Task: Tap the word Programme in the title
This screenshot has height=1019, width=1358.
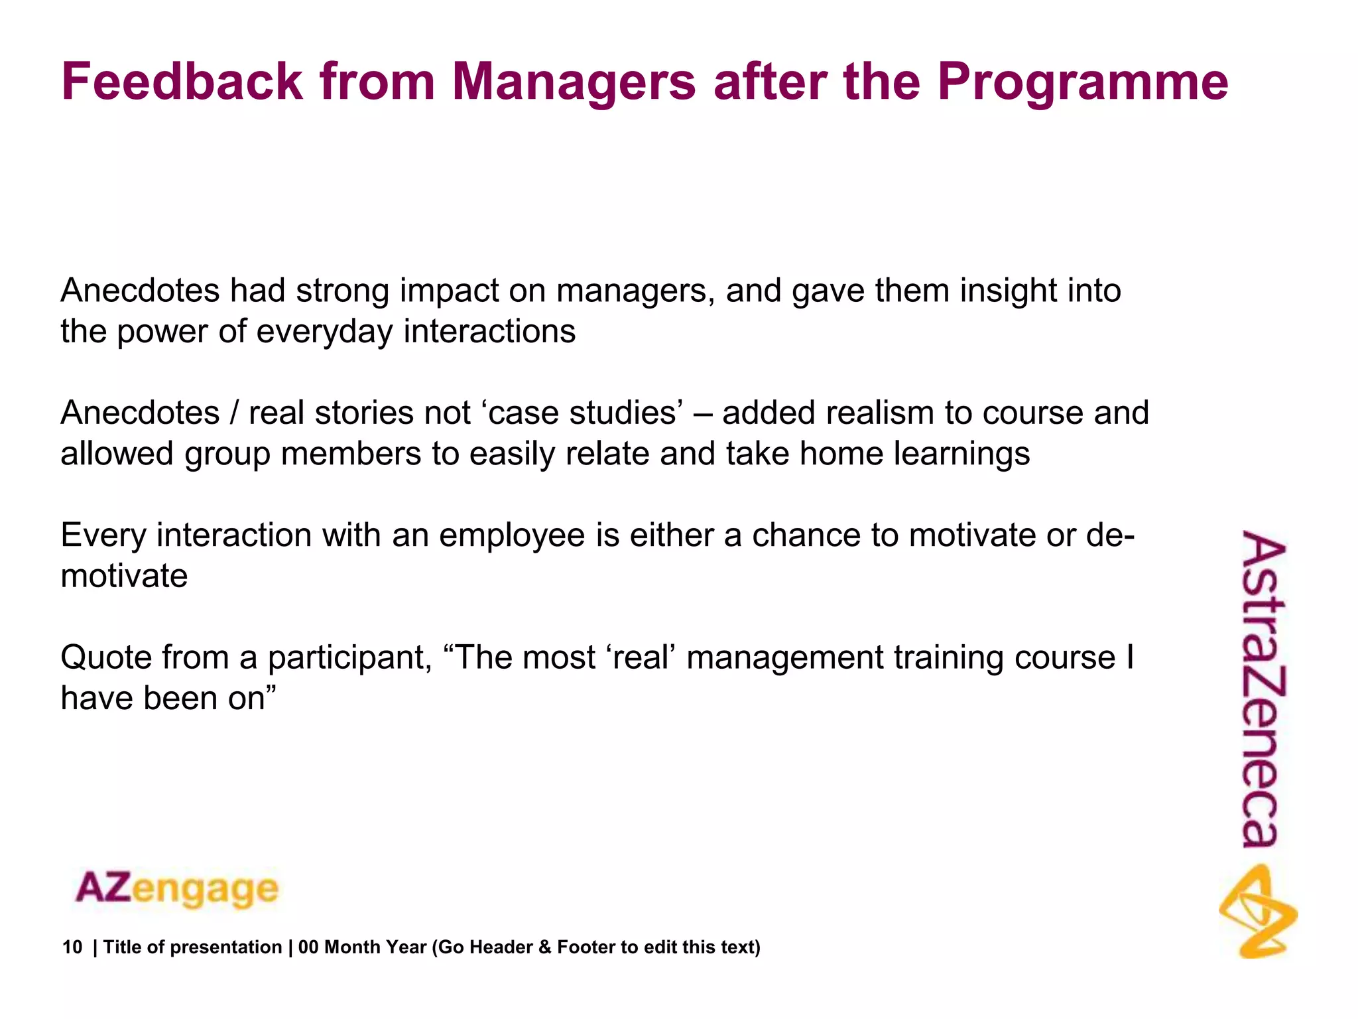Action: click(x=1082, y=82)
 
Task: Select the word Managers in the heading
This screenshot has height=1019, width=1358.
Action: click(x=574, y=82)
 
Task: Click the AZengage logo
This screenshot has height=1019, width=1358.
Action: click(x=177, y=889)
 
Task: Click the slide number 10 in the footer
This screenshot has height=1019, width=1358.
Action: click(x=72, y=947)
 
